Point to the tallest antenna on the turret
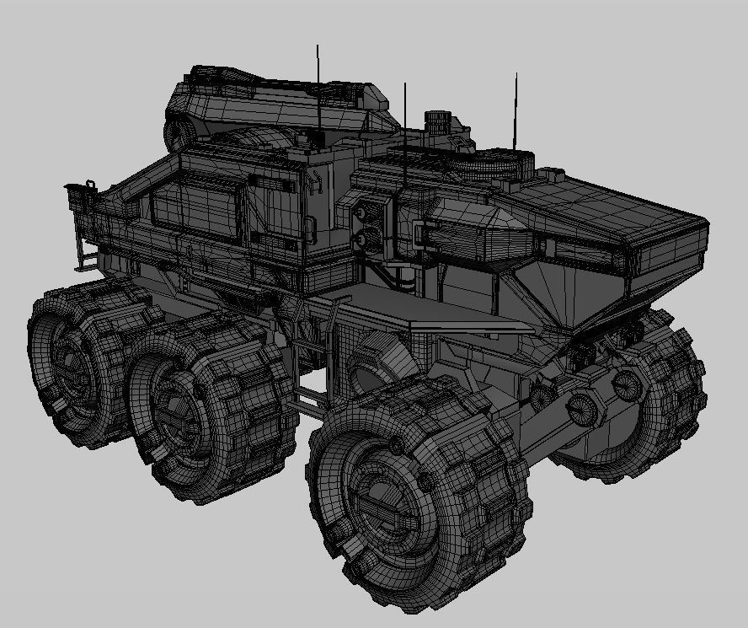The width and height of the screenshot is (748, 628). click(318, 84)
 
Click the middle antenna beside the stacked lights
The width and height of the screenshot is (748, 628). click(405, 135)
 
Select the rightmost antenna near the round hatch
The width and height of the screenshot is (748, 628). click(516, 110)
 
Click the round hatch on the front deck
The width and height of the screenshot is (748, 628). click(504, 159)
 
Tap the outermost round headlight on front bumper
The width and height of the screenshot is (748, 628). click(628, 384)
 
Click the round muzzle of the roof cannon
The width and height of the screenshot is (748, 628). click(179, 132)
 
